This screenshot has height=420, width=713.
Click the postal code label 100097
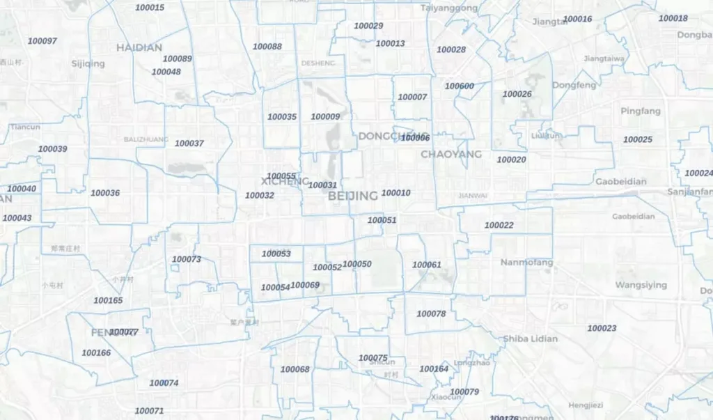click(42, 41)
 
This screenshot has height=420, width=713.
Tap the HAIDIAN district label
click(139, 47)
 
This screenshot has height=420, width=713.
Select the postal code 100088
click(267, 47)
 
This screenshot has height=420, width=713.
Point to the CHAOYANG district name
click(451, 154)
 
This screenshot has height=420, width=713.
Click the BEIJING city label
click(353, 196)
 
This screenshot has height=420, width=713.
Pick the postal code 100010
click(396, 193)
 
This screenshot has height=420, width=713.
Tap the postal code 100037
click(189, 143)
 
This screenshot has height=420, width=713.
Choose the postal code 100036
click(105, 193)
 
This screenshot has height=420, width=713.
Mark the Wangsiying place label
click(641, 285)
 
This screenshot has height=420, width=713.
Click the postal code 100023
click(602, 328)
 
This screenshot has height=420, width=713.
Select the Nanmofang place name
click(526, 263)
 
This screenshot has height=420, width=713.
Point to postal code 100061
click(427, 265)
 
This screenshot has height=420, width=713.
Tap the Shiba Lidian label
click(530, 339)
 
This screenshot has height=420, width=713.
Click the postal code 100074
click(164, 383)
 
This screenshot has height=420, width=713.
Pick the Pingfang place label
click(641, 111)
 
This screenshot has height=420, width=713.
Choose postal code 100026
click(517, 94)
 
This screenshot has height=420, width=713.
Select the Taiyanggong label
click(449, 8)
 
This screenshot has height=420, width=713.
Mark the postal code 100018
click(673, 18)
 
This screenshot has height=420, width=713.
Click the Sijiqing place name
click(88, 63)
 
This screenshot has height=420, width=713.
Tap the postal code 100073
click(186, 259)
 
